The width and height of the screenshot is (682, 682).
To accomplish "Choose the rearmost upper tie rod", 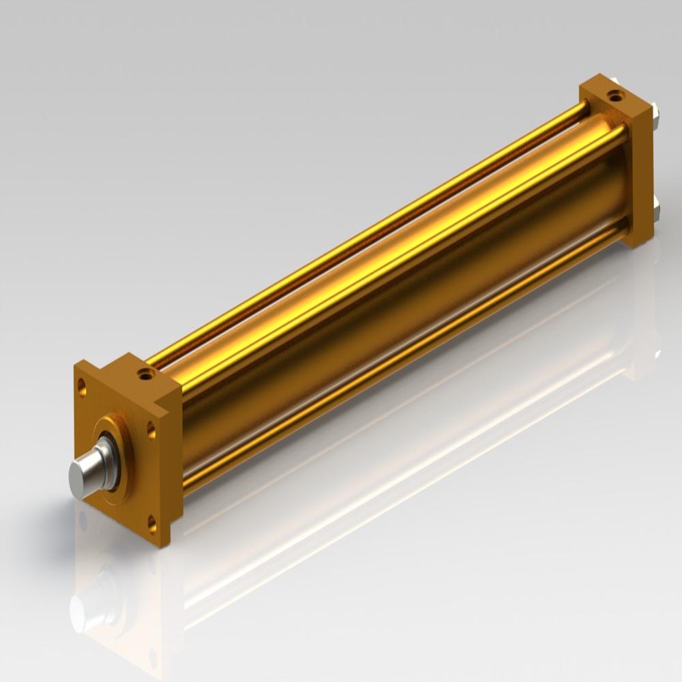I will pos(368,232).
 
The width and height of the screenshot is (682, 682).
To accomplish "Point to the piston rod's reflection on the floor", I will pos(85,607).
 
